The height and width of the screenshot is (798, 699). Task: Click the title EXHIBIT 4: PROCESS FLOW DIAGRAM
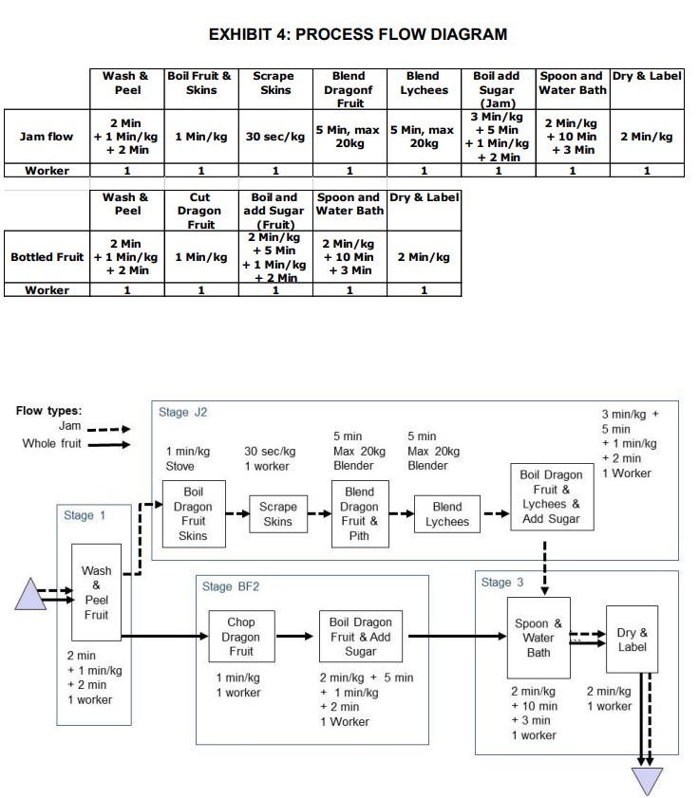point(358,35)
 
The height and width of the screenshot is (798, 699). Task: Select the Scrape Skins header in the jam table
point(275,83)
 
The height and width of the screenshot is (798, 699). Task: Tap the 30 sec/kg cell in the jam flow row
point(275,137)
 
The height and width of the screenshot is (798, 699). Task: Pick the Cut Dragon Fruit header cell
point(200,211)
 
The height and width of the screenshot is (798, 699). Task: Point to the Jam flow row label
point(47,137)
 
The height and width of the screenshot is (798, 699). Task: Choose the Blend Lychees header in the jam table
point(423,83)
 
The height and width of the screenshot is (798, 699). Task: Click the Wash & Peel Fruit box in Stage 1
point(96,593)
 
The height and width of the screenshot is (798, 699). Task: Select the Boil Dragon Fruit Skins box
point(193,514)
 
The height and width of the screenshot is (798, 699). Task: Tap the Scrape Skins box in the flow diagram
point(277,514)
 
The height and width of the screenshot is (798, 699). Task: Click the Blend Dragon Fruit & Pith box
point(359,514)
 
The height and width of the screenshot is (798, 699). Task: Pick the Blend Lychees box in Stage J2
point(447,514)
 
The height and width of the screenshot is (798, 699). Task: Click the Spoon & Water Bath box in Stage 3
point(538,638)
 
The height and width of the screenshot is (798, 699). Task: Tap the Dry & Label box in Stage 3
point(632,640)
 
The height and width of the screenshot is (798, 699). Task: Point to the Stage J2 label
point(183,413)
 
